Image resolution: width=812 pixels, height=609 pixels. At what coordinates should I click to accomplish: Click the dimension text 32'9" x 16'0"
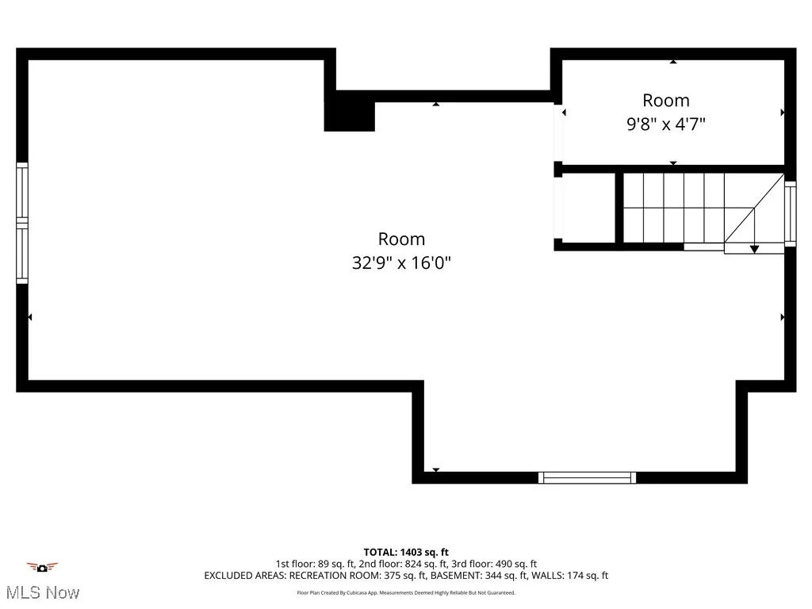coord(401,262)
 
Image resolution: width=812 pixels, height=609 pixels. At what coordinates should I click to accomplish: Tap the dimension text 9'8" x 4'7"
coord(665,124)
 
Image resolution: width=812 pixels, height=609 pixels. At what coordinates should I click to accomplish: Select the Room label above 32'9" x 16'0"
coord(401,239)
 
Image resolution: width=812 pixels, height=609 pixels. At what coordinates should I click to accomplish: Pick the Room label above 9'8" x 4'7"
coord(665,101)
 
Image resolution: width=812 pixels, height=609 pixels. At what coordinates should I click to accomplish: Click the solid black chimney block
coord(349,111)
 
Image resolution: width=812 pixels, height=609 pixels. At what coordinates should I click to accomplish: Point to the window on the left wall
coord(22,223)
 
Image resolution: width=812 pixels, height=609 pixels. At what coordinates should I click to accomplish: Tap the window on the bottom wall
coord(587,477)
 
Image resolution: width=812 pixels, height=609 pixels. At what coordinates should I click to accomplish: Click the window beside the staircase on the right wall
coord(790,212)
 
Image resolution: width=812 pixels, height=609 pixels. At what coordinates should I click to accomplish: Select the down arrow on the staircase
coord(754,248)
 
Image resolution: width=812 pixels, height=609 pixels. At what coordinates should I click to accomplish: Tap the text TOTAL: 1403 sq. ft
coord(406,552)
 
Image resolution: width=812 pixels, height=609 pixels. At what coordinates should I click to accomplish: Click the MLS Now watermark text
coord(42,592)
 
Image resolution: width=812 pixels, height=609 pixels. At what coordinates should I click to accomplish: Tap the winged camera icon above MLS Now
coord(42,567)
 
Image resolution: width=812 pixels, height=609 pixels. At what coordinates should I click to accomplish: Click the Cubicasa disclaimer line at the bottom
coord(406,592)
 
